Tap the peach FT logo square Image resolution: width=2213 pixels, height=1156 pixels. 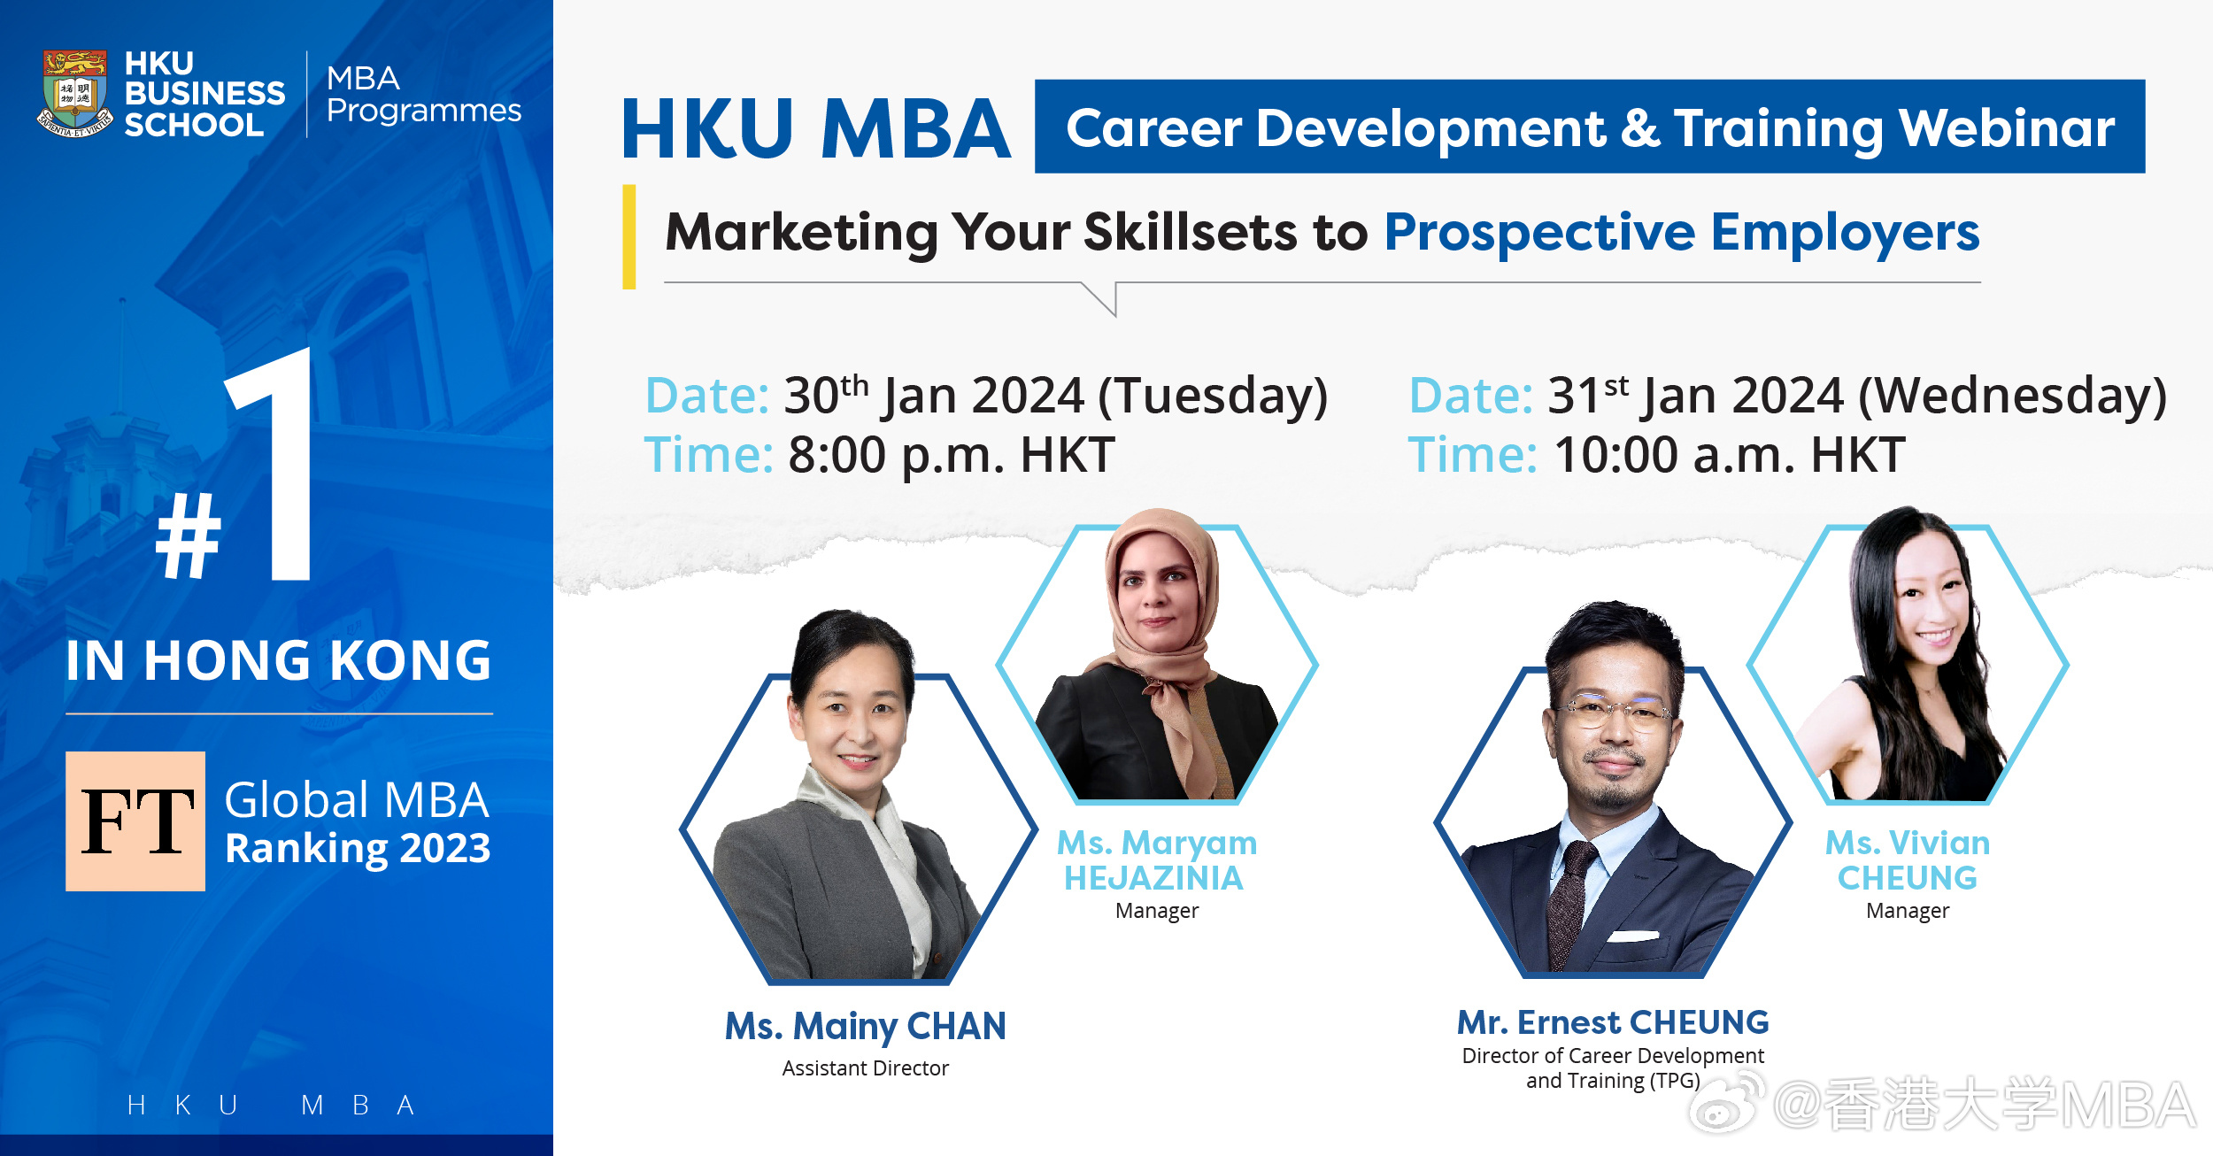(135, 821)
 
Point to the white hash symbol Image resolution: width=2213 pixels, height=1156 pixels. (188, 536)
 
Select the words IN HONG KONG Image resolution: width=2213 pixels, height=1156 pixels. (279, 660)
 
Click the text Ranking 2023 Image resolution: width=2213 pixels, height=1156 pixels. (358, 848)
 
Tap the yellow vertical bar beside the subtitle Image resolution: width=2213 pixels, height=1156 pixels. (629, 236)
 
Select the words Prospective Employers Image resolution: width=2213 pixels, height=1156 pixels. (1682, 233)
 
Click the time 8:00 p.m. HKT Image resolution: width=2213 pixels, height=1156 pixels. (952, 455)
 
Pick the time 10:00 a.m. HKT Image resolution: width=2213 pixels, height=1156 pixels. (1730, 455)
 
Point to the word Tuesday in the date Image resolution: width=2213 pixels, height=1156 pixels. (1213, 396)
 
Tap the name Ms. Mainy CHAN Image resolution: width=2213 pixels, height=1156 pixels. (866, 1027)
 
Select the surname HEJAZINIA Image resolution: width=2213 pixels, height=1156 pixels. (1153, 878)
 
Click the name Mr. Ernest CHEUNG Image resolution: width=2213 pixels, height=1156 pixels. (1613, 1022)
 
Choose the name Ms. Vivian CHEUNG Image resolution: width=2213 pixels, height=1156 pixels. (1908, 860)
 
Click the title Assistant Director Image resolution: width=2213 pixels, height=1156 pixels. (866, 1068)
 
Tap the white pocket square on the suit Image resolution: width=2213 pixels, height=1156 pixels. (1633, 936)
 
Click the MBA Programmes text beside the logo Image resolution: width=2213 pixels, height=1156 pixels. (423, 94)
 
